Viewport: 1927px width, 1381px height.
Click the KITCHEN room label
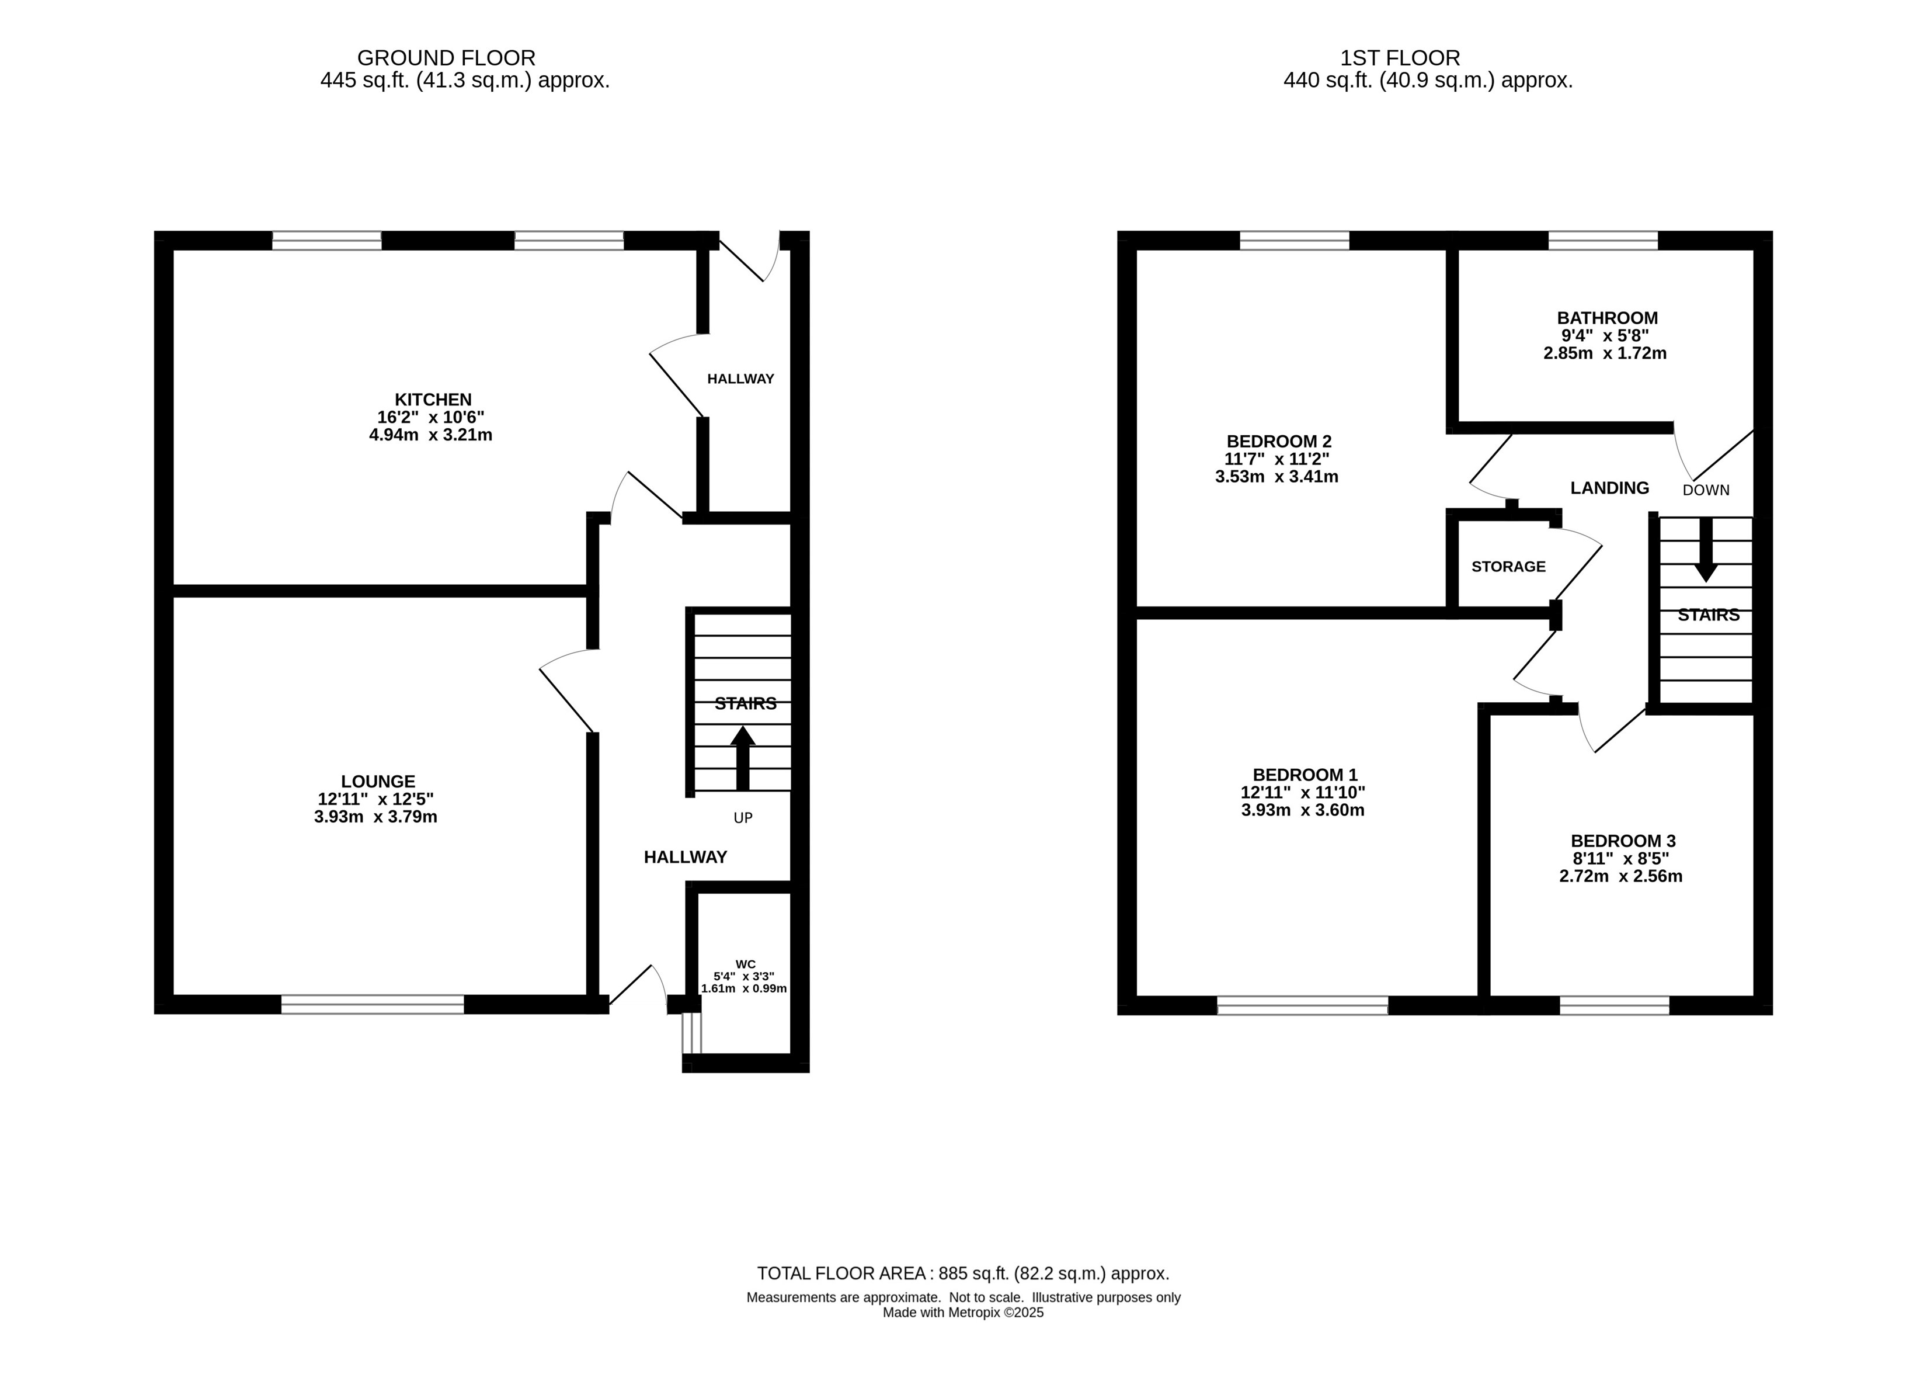(433, 400)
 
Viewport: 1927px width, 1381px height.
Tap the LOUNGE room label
(378, 781)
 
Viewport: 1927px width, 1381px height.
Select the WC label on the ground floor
(745, 964)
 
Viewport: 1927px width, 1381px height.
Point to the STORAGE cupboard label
(1508, 566)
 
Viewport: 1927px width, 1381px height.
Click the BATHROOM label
(1606, 318)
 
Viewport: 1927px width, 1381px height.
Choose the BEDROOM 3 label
(1623, 841)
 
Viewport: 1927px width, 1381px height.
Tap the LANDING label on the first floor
(1609, 488)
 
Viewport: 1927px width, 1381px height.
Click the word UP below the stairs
(743, 817)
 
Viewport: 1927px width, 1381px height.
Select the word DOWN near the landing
(1706, 490)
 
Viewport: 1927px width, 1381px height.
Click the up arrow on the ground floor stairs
(743, 758)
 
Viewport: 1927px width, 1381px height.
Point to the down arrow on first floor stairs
(1705, 550)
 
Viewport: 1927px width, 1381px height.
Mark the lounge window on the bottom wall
(373, 1005)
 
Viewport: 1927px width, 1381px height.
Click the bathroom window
(1603, 241)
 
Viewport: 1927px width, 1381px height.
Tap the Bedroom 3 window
(1615, 1005)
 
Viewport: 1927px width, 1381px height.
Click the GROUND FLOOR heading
(446, 58)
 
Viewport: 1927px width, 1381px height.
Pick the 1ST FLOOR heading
(1400, 58)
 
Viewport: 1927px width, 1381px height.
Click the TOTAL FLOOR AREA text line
(964, 1273)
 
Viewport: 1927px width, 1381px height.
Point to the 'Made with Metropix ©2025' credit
(964, 1312)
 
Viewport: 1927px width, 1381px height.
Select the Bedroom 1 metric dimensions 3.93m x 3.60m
(1303, 810)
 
